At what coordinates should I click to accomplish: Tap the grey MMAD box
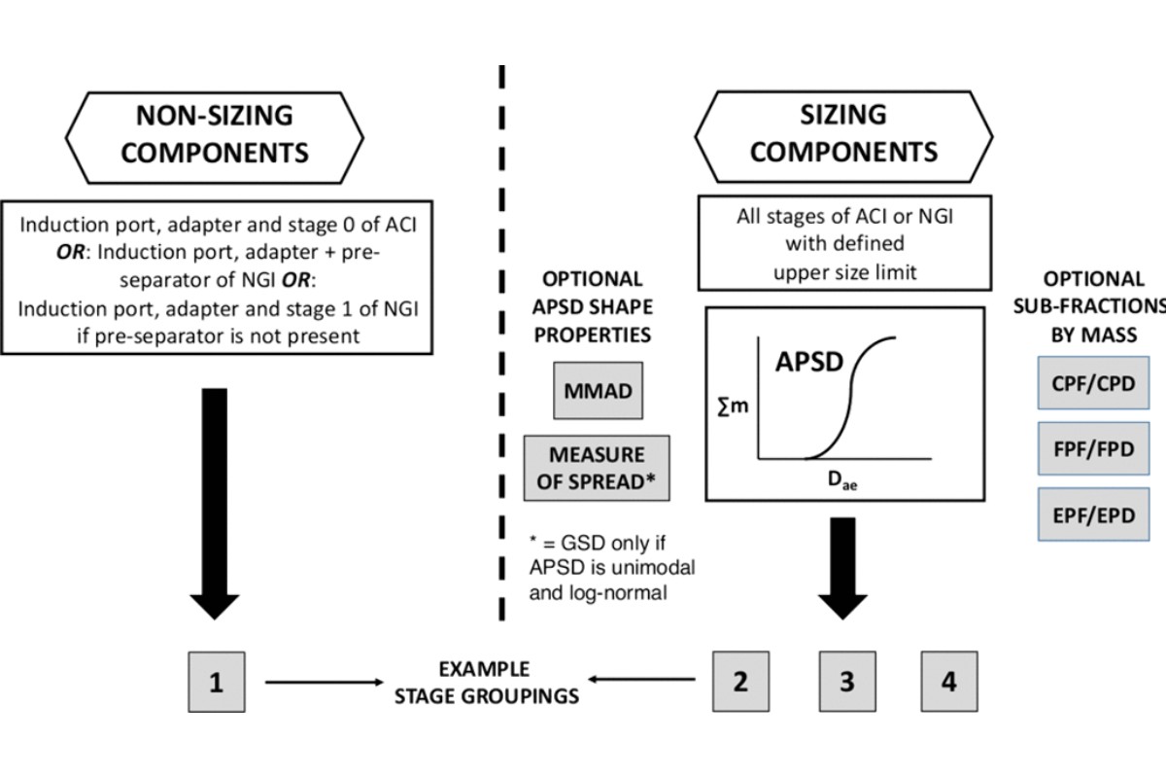pyautogui.click(x=598, y=392)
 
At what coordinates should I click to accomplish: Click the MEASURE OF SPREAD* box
pyautogui.click(x=597, y=468)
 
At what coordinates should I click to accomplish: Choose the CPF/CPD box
pyautogui.click(x=1093, y=383)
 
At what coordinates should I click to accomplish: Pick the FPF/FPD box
pyautogui.click(x=1093, y=448)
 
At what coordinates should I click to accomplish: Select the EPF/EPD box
pyautogui.click(x=1093, y=514)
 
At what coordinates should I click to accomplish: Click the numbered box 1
pyautogui.click(x=216, y=682)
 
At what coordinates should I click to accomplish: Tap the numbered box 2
pyautogui.click(x=740, y=681)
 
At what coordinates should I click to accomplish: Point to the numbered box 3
pyautogui.click(x=846, y=681)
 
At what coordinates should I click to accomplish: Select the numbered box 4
pyautogui.click(x=948, y=681)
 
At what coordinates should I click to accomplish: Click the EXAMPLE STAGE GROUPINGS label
pyautogui.click(x=483, y=682)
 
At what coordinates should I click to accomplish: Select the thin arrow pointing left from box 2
pyautogui.click(x=642, y=681)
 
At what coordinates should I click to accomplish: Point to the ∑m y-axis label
pyautogui.click(x=733, y=406)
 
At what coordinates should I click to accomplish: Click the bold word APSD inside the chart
pyautogui.click(x=807, y=362)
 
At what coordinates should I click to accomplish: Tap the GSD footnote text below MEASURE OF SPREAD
pyautogui.click(x=612, y=566)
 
